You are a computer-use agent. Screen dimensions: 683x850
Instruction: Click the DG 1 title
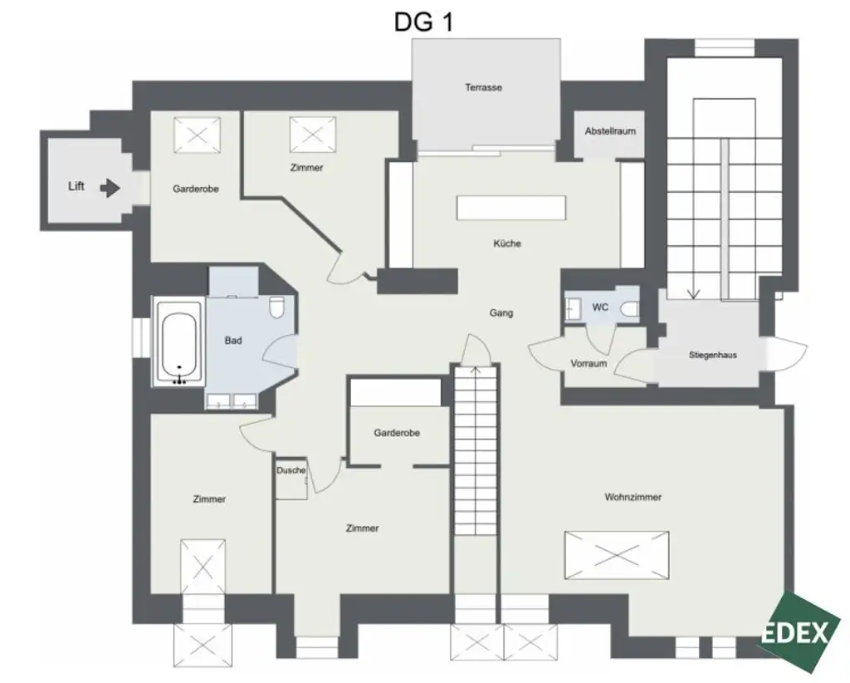423,22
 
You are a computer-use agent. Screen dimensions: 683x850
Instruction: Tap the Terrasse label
483,87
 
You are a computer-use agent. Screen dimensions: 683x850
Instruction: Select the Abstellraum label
610,132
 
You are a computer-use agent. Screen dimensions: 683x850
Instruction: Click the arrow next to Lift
110,188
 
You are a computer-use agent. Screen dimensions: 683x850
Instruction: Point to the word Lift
76,187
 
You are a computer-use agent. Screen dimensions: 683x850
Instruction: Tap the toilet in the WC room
630,309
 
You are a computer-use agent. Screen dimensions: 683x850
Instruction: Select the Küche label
506,243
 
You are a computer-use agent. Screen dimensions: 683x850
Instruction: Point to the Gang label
501,313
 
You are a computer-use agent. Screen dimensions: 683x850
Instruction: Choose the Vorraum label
589,363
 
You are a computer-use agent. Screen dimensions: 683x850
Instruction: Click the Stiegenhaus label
712,355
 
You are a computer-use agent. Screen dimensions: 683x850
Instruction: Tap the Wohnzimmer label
633,497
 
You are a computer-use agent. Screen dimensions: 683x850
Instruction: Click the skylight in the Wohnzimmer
616,554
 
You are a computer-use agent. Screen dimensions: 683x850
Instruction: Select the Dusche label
291,470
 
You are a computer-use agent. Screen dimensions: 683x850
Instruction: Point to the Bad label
233,341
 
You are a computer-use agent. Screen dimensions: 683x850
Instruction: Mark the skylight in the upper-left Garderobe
196,135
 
